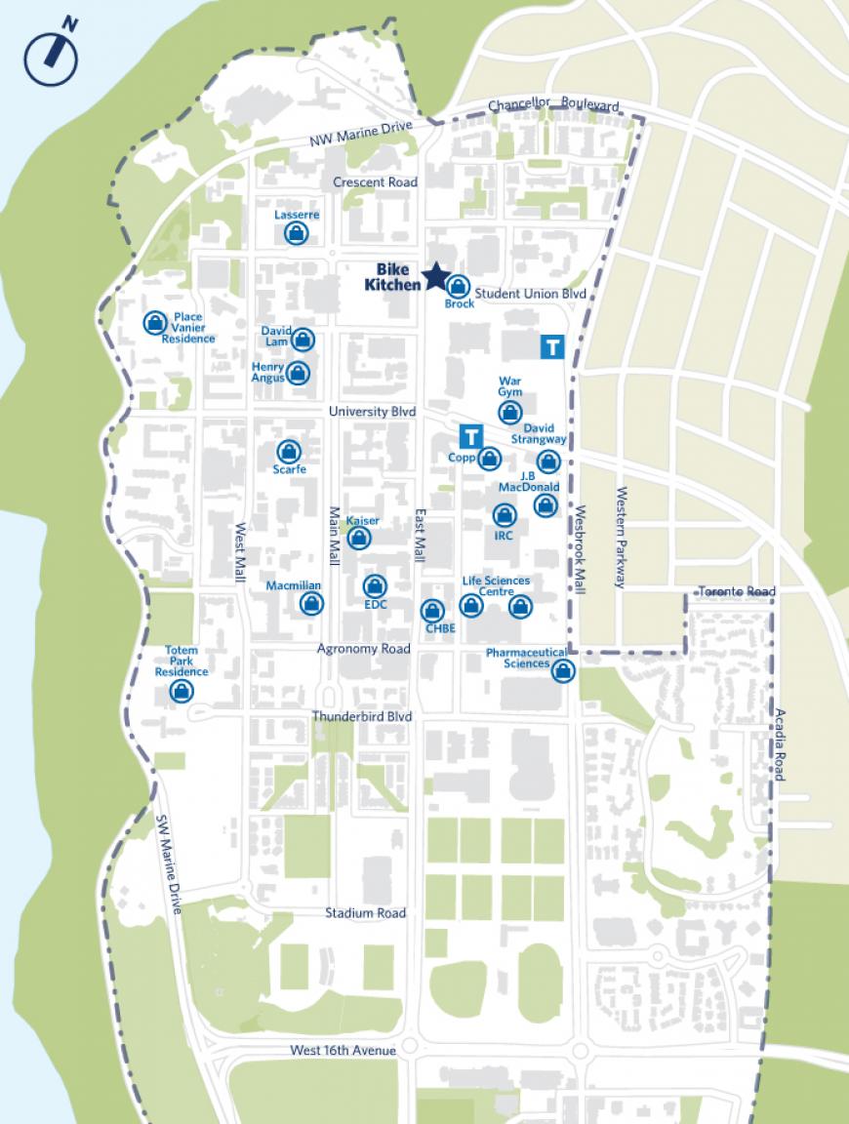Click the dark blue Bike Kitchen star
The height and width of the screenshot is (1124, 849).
click(x=435, y=277)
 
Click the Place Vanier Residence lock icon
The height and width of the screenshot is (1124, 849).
click(x=154, y=323)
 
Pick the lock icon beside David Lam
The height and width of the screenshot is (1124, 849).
click(x=303, y=340)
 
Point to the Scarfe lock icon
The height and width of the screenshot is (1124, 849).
click(x=288, y=451)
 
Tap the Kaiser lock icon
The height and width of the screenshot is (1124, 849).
click(x=359, y=538)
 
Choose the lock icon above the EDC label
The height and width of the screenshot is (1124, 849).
click(x=375, y=585)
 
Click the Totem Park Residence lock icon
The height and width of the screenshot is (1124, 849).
click(x=181, y=692)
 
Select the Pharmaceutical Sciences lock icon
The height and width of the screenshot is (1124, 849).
click(x=562, y=670)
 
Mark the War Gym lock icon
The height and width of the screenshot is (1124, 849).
click(x=509, y=413)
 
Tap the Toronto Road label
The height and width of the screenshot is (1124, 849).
click(x=737, y=592)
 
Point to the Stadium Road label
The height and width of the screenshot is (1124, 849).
click(x=366, y=913)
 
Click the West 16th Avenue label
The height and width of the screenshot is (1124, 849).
click(x=344, y=1051)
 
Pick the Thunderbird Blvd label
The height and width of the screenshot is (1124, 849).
click(x=362, y=716)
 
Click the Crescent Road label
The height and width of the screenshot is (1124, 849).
click(x=375, y=182)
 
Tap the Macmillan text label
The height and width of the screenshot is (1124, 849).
click(x=294, y=585)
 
